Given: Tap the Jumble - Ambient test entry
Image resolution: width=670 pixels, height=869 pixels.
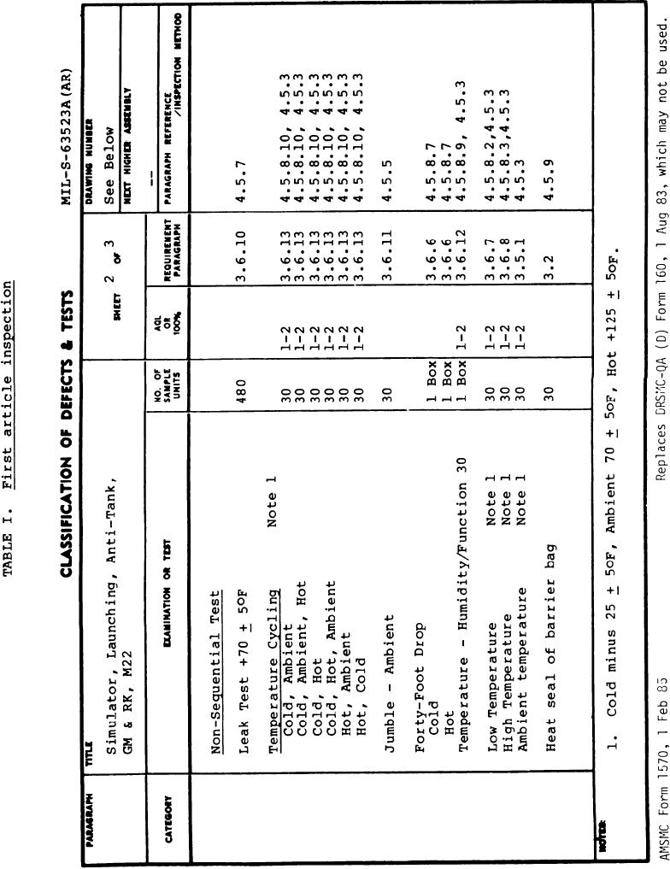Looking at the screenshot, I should [x=388, y=659].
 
